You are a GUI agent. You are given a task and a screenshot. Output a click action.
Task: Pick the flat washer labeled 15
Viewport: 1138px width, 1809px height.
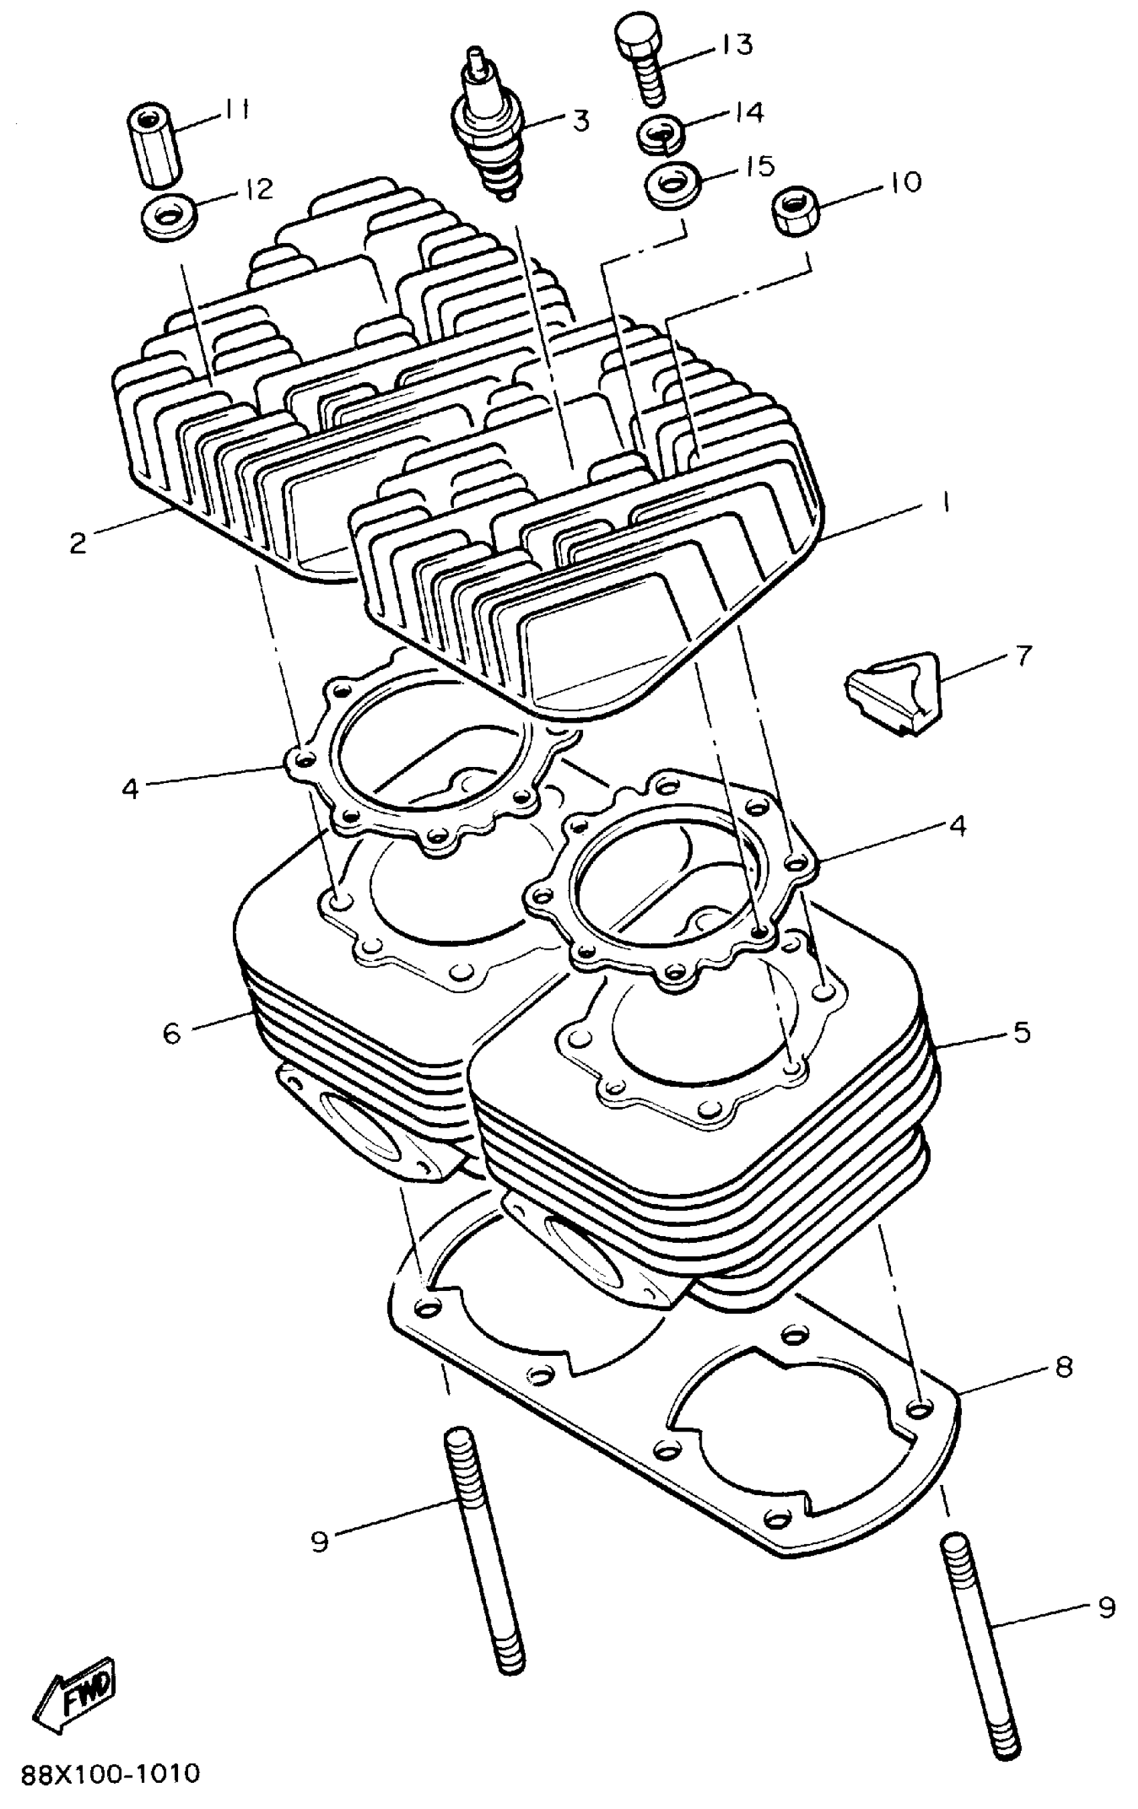point(673,183)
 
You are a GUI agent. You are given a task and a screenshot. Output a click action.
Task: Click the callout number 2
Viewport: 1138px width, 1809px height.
point(78,542)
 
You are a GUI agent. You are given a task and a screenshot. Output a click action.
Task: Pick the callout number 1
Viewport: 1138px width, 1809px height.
point(945,502)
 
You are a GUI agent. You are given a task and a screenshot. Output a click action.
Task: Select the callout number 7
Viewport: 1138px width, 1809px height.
point(1023,655)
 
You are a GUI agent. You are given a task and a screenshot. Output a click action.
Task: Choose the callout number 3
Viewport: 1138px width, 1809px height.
point(581,120)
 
